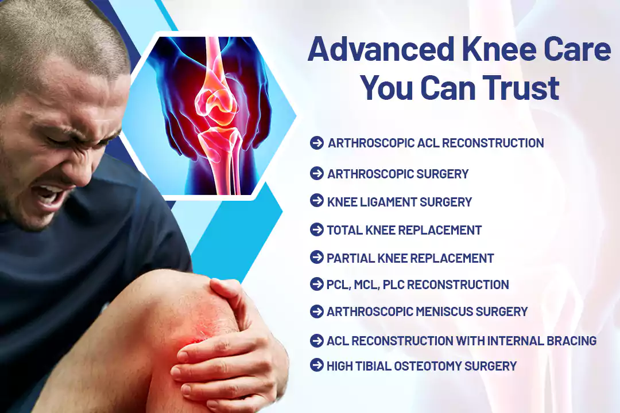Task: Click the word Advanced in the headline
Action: coord(381,49)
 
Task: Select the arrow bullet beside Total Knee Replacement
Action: coord(317,229)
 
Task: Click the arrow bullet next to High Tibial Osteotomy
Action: coord(317,365)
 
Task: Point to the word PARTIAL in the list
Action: coord(351,258)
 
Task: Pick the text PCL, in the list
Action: coord(339,285)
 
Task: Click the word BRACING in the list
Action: coord(571,341)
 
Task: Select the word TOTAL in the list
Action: coord(344,230)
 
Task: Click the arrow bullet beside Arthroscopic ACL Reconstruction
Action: coord(317,143)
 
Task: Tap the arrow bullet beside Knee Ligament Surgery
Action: coord(317,200)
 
